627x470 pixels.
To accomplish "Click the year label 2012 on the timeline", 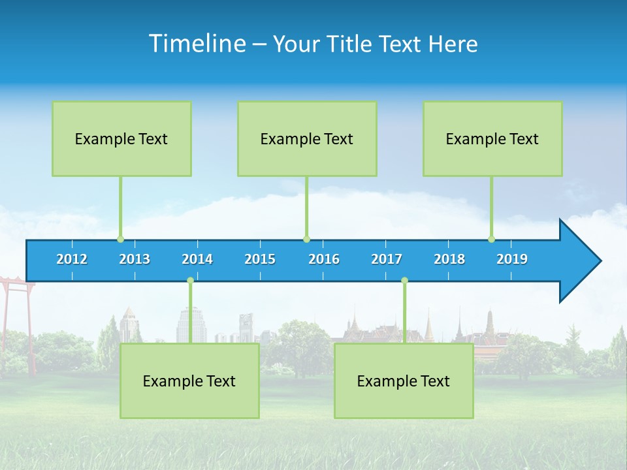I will (x=72, y=259).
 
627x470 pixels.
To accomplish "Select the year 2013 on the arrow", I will (x=135, y=259).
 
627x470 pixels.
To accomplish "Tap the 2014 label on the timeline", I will (x=197, y=259).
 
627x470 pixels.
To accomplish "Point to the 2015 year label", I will (x=260, y=259).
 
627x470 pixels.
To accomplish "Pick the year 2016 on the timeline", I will (x=324, y=259).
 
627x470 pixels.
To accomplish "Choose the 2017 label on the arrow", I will (x=387, y=259).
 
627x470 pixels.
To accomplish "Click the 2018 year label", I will (x=449, y=259).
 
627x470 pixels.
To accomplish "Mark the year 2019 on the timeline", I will (x=512, y=259).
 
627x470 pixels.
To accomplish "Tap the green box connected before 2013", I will (x=121, y=138).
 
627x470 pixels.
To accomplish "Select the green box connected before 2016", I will (x=307, y=138).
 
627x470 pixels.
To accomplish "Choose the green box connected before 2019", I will (x=492, y=138).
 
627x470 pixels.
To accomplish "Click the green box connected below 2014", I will (x=189, y=381).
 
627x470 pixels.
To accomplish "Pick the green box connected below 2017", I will (x=404, y=381).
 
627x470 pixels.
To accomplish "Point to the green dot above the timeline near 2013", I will (x=120, y=239).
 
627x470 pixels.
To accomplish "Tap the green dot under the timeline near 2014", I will (x=191, y=281).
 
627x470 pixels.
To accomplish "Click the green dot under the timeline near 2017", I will (x=404, y=281).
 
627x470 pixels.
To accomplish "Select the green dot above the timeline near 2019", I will (x=491, y=239).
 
